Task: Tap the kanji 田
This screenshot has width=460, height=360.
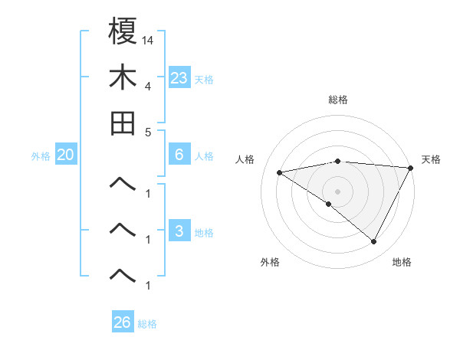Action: (123, 123)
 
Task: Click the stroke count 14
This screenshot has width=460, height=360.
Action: (147, 40)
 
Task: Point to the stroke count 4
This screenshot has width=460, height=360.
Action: (147, 86)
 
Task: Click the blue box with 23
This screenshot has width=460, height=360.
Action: (179, 77)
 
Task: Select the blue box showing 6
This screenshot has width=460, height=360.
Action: (179, 155)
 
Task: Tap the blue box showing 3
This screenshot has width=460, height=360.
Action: (179, 231)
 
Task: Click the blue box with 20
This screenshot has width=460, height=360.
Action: (65, 155)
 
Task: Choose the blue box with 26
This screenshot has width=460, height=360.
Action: (123, 322)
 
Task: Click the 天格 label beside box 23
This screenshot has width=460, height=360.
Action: (204, 79)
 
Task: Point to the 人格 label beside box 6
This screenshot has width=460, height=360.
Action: (204, 156)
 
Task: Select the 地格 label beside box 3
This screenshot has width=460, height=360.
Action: (204, 233)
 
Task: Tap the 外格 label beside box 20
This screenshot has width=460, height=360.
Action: (41, 156)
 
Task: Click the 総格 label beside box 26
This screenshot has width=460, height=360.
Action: (147, 324)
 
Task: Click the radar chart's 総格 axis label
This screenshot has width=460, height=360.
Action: (337, 100)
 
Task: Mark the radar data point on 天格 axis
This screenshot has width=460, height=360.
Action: (411, 168)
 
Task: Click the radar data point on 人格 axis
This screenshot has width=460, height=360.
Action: (280, 172)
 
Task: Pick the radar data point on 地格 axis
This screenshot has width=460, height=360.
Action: (373, 242)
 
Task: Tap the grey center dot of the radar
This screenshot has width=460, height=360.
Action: (337, 191)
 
